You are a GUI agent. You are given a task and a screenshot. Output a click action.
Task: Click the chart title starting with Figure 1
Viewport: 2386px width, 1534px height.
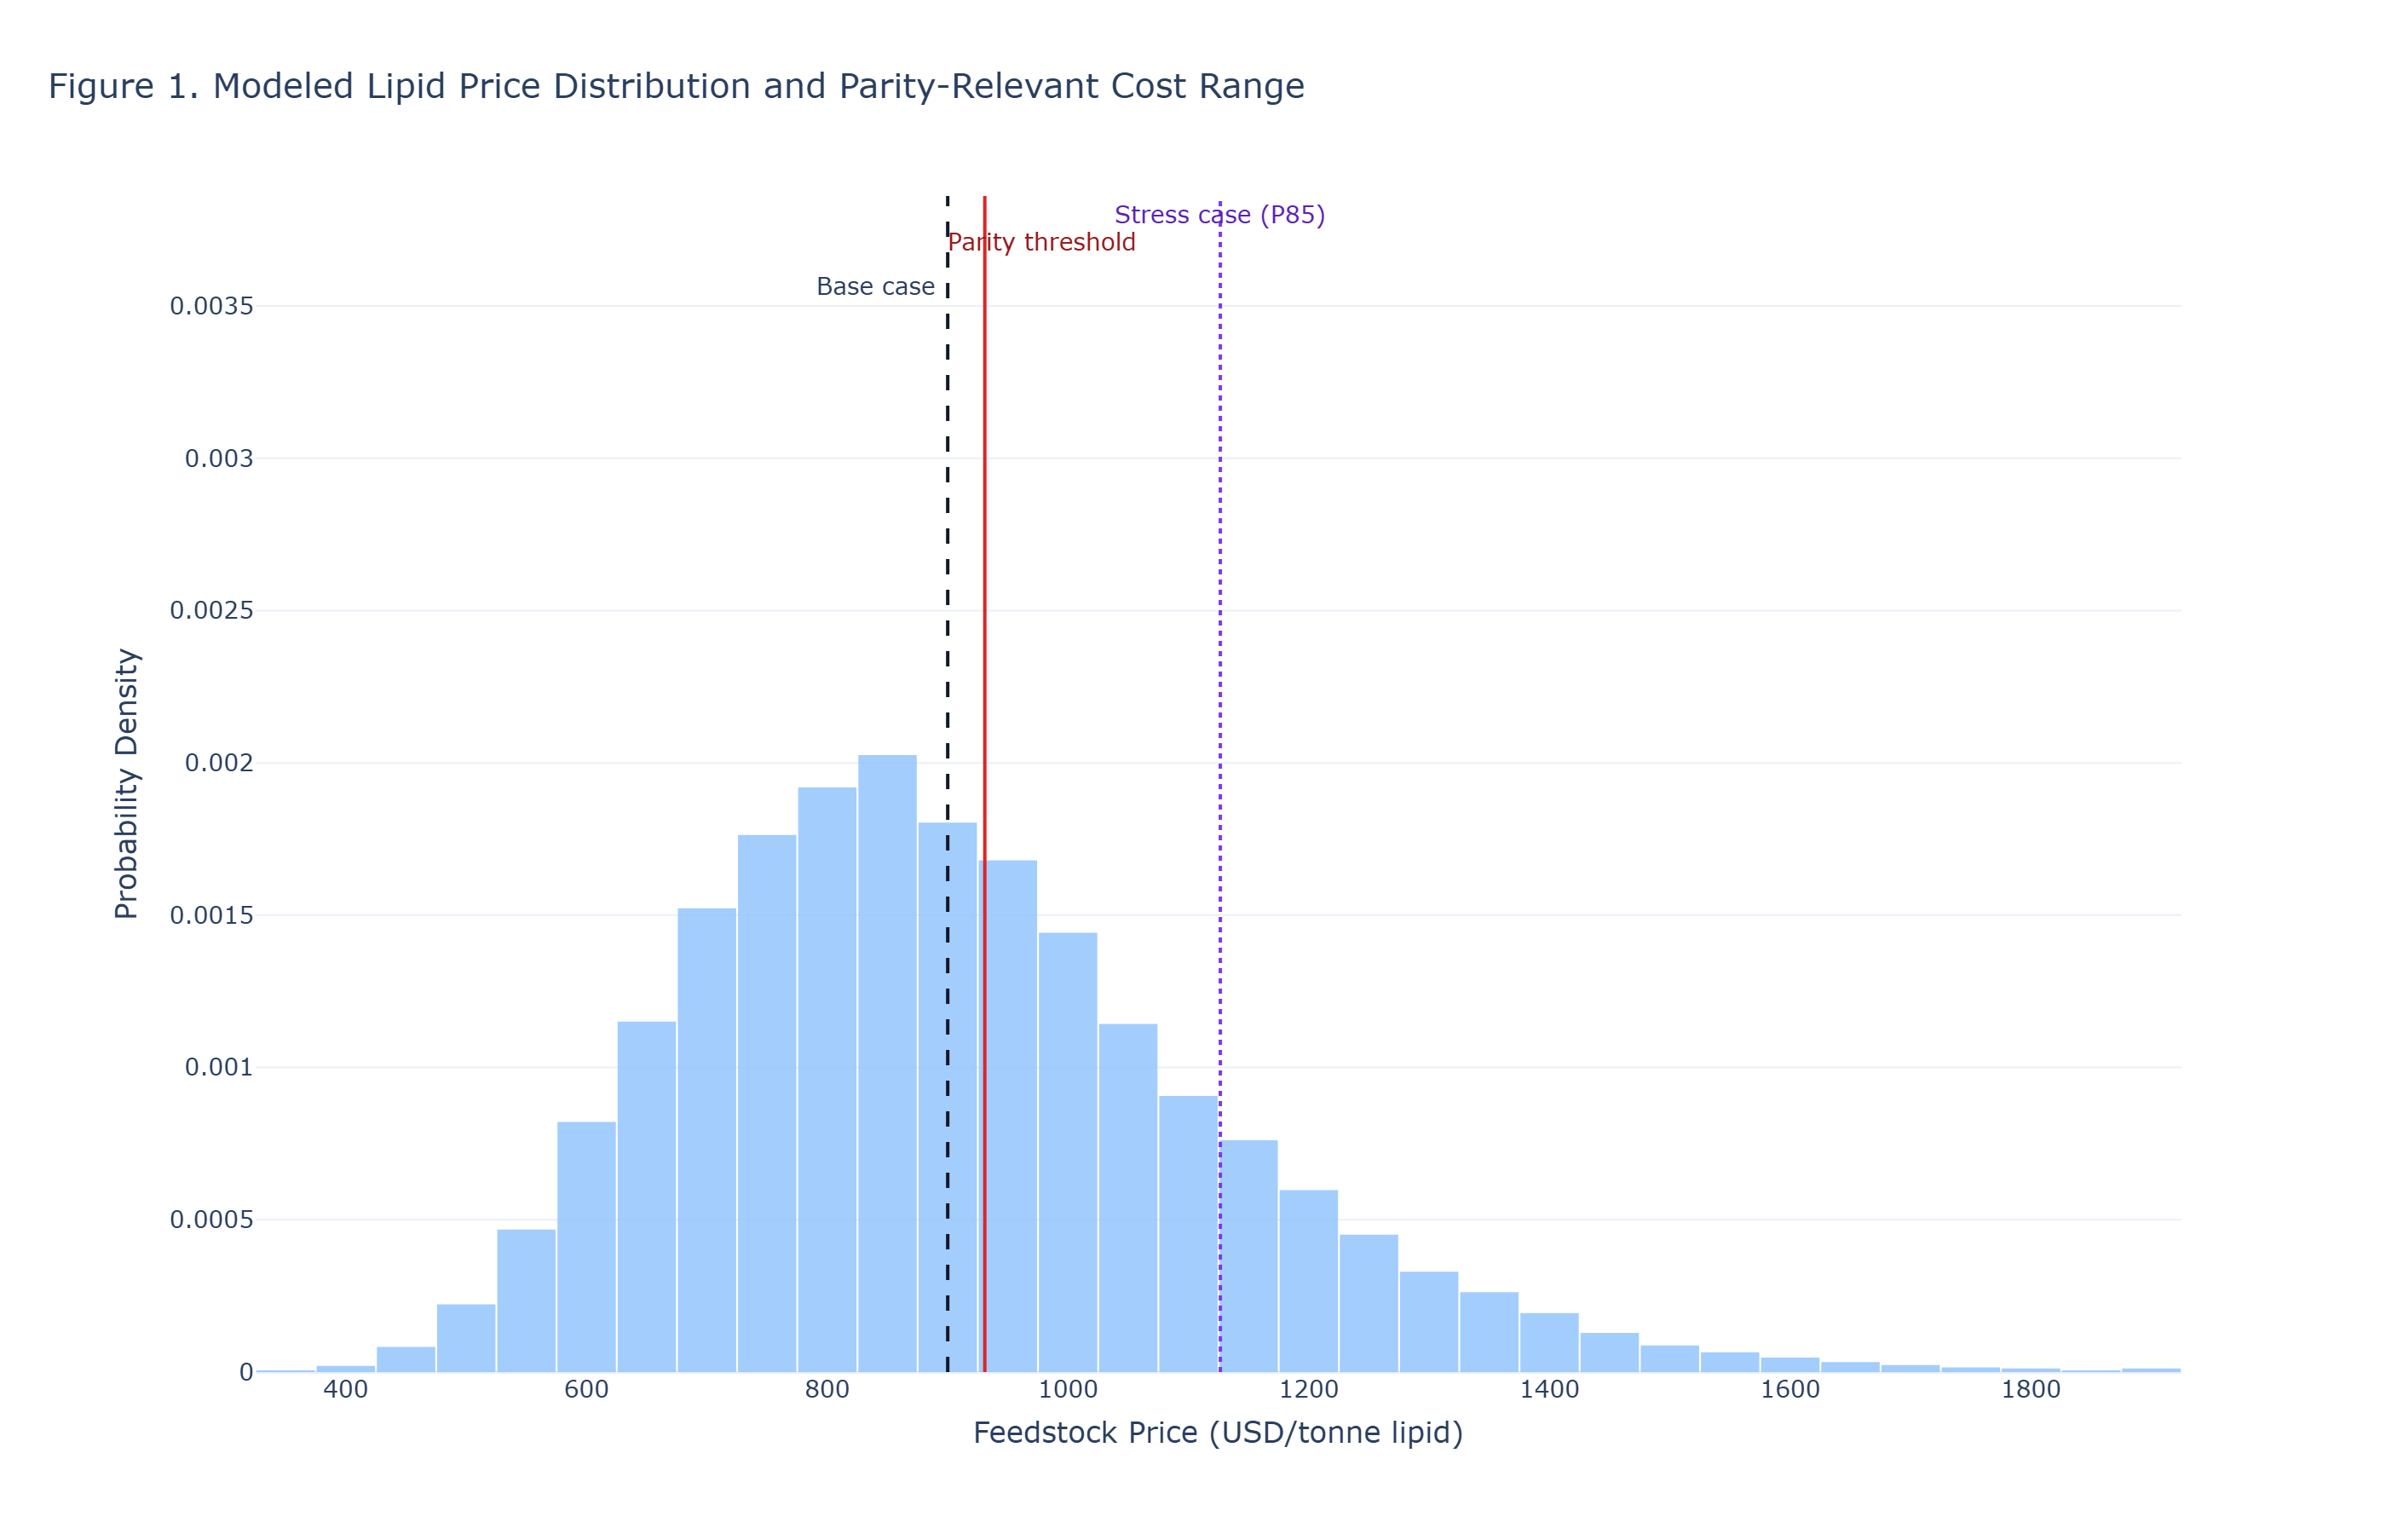click(675, 87)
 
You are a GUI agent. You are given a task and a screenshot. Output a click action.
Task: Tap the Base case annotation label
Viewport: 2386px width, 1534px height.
click(874, 287)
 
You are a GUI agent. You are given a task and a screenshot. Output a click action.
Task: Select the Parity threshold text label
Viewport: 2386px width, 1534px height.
click(1040, 243)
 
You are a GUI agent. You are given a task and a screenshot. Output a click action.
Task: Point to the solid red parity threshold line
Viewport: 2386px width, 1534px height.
click(984, 597)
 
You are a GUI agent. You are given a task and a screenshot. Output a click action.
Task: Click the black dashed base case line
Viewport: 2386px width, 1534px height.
click(947, 597)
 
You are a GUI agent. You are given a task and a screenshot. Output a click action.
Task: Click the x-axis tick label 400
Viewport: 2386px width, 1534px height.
click(346, 1390)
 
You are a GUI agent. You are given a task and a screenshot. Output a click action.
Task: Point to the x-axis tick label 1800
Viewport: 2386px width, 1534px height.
click(2031, 1390)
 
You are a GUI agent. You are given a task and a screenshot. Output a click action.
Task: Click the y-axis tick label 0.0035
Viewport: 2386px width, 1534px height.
click(211, 307)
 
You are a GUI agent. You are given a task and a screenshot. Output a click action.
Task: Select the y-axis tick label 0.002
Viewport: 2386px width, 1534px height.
click(219, 763)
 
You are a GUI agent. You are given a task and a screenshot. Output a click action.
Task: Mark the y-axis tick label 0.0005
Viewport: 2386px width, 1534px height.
click(211, 1220)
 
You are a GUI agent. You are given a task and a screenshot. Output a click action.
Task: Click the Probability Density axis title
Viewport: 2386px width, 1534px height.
click(126, 783)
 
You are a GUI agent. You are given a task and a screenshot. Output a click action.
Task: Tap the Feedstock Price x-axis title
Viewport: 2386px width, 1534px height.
click(1217, 1433)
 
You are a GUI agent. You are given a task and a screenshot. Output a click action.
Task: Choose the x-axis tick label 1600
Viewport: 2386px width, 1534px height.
click(1789, 1390)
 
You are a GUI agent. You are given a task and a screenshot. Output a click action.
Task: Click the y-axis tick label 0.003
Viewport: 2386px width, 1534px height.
click(219, 459)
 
